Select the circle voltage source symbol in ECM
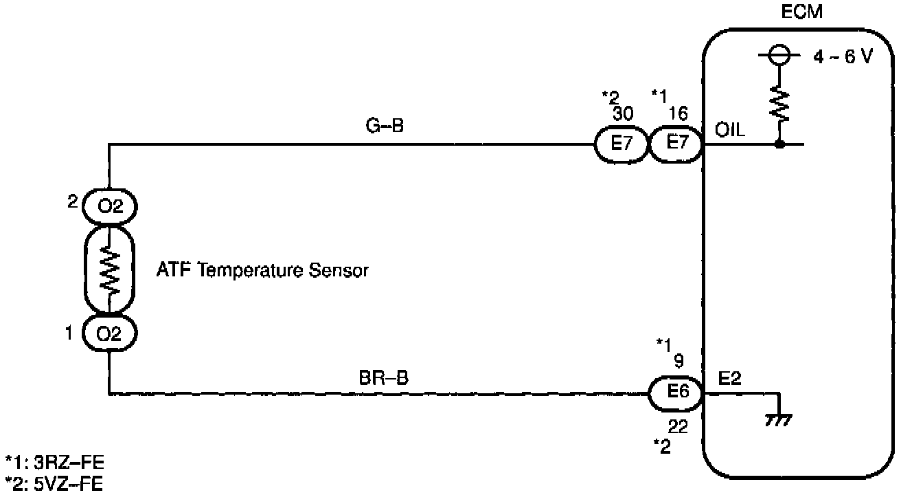pyautogui.click(x=780, y=54)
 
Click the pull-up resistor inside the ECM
pyautogui.click(x=780, y=104)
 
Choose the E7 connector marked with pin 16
pyautogui.click(x=674, y=145)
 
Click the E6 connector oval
pyautogui.click(x=675, y=394)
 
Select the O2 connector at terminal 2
pyautogui.click(x=109, y=206)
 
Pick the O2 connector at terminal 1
pyautogui.click(x=109, y=335)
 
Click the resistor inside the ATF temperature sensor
pyautogui.click(x=109, y=270)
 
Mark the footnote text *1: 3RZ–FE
pyautogui.click(x=54, y=461)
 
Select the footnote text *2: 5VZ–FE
pyautogui.click(x=54, y=484)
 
